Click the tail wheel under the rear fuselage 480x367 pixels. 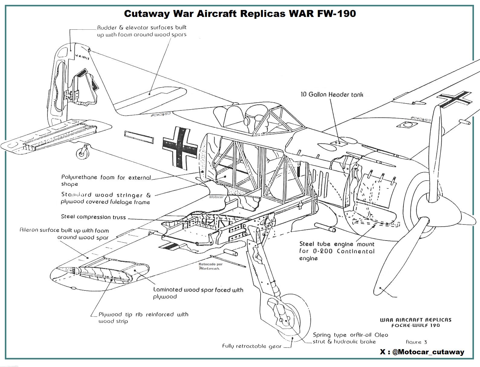click(81, 153)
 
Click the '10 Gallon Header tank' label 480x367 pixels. click(332, 94)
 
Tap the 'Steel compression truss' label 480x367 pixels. click(93, 217)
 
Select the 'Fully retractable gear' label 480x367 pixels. click(251, 346)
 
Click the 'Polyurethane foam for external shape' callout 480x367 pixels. click(106, 181)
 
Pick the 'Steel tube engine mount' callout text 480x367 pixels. click(337, 251)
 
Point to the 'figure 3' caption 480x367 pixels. click(416, 342)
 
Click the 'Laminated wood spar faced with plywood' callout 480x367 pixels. click(198, 293)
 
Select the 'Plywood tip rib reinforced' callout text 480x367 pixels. click(143, 318)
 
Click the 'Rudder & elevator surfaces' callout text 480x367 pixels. click(142, 31)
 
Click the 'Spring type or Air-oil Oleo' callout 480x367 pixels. click(350, 338)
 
